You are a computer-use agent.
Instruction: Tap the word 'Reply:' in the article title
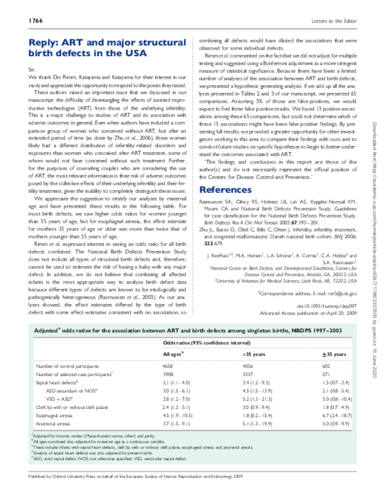tap(46, 43)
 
